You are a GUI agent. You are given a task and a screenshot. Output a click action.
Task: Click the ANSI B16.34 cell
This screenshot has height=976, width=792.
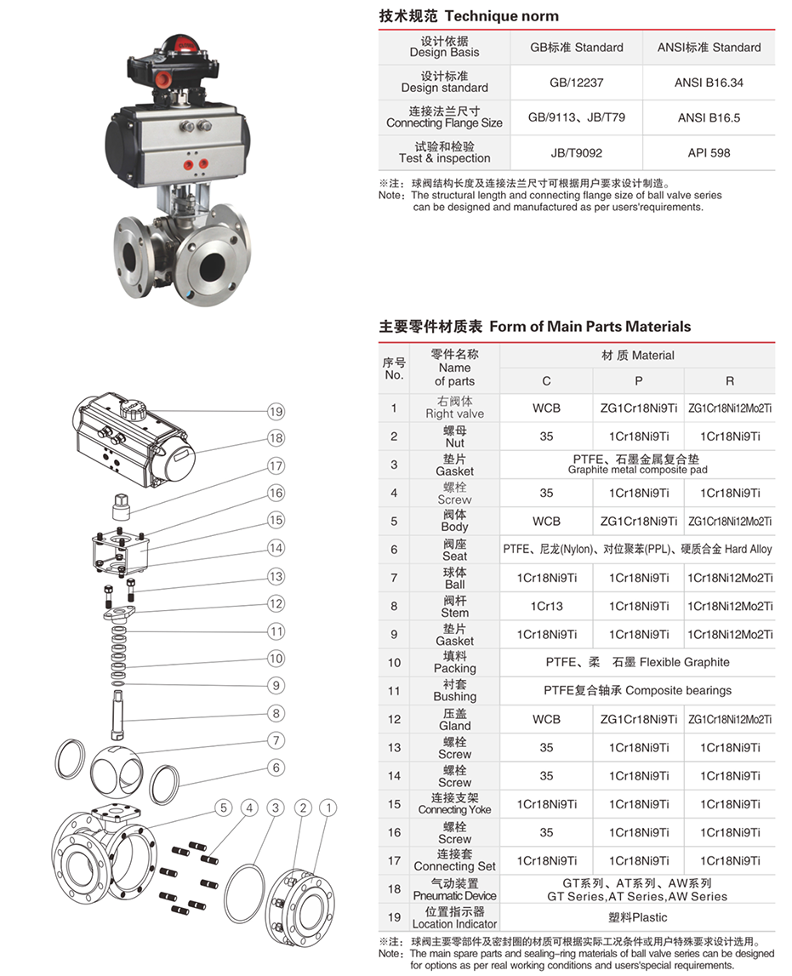tap(709, 83)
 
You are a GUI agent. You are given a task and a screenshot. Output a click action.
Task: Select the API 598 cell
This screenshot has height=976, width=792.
tap(709, 153)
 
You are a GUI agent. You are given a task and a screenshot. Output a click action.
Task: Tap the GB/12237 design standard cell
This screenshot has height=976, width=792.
tap(564, 83)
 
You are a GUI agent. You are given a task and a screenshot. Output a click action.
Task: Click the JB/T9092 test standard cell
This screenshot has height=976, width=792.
tap(564, 153)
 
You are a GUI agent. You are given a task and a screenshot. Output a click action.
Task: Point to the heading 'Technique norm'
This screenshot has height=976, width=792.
tap(502, 16)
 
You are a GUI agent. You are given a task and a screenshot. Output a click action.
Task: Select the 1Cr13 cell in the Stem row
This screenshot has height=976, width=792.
tap(546, 607)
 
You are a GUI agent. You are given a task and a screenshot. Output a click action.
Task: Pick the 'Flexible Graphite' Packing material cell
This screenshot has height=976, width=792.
tap(637, 662)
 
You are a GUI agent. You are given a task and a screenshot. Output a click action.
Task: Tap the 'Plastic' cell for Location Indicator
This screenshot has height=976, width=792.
tap(637, 917)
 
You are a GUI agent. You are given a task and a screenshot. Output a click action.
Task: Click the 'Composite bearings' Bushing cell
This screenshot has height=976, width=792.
tap(637, 691)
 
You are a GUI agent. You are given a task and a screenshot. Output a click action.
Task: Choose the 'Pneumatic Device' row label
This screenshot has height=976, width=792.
tap(454, 889)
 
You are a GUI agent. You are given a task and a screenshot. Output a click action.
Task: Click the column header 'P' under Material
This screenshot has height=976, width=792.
tap(639, 381)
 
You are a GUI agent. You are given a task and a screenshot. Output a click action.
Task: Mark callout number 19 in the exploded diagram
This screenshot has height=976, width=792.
tap(275, 412)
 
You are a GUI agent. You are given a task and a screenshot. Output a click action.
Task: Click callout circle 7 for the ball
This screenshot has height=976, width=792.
tap(276, 740)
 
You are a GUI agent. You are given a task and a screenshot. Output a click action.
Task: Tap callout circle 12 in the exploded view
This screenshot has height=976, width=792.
tap(276, 604)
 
